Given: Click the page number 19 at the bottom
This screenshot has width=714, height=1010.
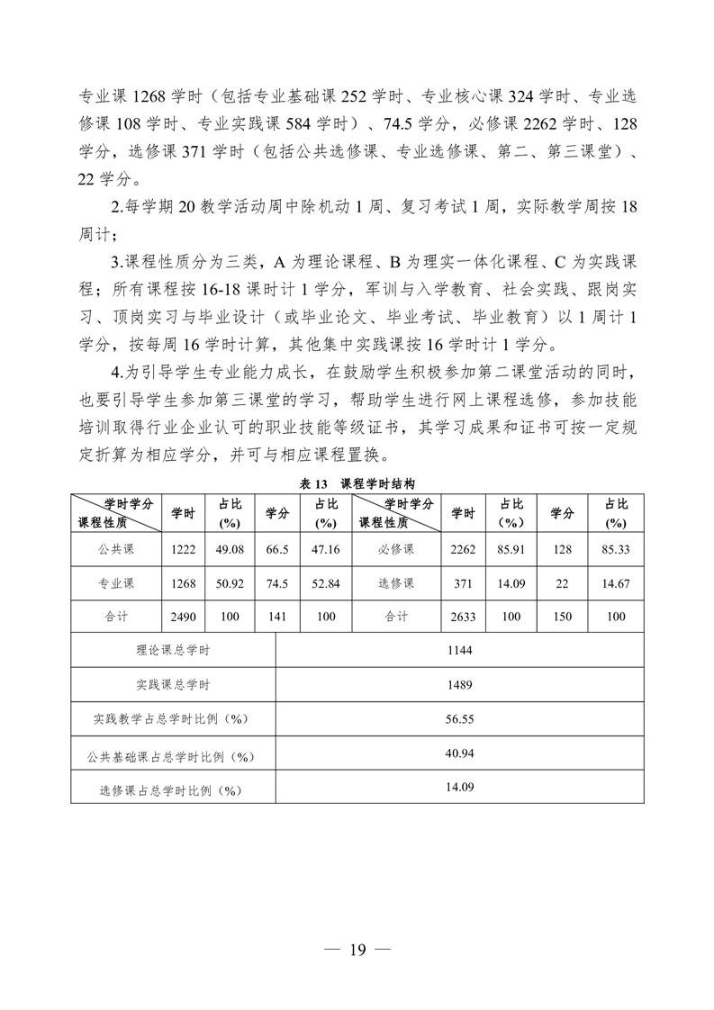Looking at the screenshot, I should tap(357, 950).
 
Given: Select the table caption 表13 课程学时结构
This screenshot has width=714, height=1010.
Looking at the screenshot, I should tap(357, 483).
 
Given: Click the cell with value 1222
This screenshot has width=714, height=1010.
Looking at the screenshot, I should tap(184, 549).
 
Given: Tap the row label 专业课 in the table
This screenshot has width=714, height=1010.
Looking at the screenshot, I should tap(116, 583).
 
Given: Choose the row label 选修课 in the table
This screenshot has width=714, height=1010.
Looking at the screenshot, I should tap(396, 583).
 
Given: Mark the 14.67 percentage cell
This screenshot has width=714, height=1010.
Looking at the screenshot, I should tap(616, 583).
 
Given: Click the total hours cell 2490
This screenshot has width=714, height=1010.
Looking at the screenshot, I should tap(184, 617).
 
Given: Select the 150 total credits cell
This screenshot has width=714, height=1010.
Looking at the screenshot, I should tap(562, 617).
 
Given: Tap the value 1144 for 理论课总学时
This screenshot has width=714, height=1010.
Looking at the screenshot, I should tap(459, 650).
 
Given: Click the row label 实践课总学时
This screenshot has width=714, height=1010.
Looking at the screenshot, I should tap(173, 684).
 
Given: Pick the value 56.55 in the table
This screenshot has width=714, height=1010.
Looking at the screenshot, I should tap(459, 718).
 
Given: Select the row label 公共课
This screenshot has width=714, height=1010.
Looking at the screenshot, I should tap(116, 549).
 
